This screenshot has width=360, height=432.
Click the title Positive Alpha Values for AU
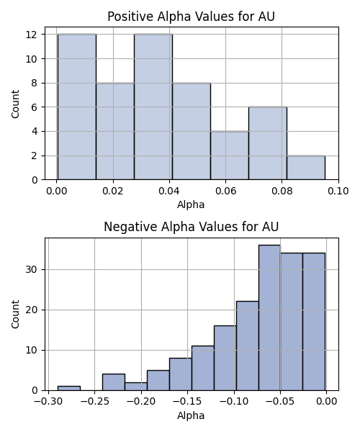pos(191,17)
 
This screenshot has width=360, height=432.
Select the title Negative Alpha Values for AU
pos(191,227)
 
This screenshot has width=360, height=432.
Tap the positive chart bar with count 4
pos(230,156)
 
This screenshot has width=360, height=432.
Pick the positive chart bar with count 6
pos(268,143)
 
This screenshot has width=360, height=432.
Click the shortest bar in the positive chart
pos(306,168)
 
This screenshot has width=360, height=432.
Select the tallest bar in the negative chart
pos(270,318)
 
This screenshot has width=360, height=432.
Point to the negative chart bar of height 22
pos(248,346)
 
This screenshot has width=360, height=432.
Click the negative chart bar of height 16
pos(225,358)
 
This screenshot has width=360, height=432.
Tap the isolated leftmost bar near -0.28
pos(69,388)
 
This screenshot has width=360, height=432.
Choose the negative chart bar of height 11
pos(203,368)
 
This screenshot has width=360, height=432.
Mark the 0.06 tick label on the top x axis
pos(225,191)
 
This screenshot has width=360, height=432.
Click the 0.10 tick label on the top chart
pos(338,191)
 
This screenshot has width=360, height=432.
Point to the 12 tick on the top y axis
pos(32,35)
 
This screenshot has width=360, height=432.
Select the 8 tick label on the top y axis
pos(35,83)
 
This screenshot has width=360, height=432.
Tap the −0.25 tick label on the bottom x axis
pos(95,402)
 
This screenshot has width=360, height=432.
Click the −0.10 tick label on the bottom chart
pos(234,402)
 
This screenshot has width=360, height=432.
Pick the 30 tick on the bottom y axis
pos(32,269)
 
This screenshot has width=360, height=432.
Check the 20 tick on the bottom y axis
pos(32,310)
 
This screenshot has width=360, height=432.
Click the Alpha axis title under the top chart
pos(191,204)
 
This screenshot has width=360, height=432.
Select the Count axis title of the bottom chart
pos(15,314)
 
